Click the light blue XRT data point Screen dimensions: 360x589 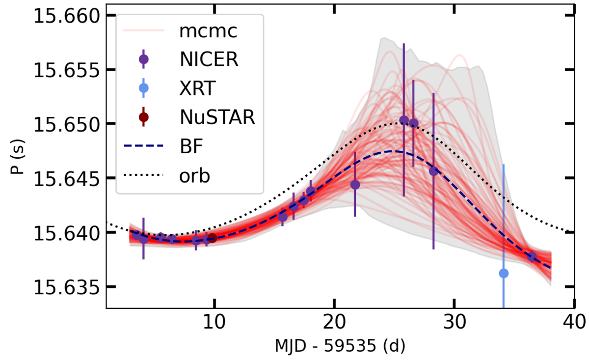tap(504, 273)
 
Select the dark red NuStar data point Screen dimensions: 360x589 tap(212, 238)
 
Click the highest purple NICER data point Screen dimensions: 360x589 tap(404, 120)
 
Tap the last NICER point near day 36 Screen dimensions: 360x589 tap(532, 257)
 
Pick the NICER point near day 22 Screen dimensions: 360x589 tap(355, 185)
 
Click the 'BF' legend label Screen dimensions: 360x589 tap(189, 147)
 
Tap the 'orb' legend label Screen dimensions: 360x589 tap(194, 176)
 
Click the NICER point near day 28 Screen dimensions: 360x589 tap(433, 171)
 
